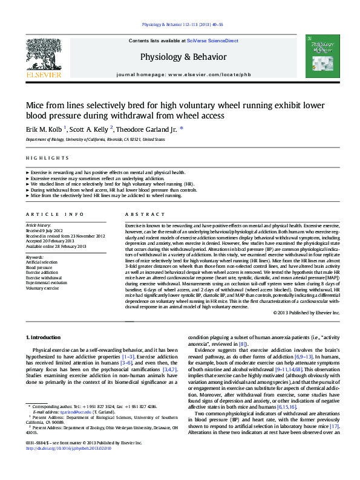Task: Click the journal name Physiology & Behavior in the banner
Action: tap(183, 57)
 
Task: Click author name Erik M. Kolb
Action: tap(44, 128)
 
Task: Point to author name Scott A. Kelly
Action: tap(90, 128)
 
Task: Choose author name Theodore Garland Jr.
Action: tap(146, 128)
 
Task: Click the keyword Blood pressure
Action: tap(39, 267)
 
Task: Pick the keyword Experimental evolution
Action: tap(47, 283)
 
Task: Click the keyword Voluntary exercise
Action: tap(42, 288)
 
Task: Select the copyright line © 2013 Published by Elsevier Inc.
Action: tap(306, 313)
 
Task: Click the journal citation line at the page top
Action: tap(182, 25)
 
